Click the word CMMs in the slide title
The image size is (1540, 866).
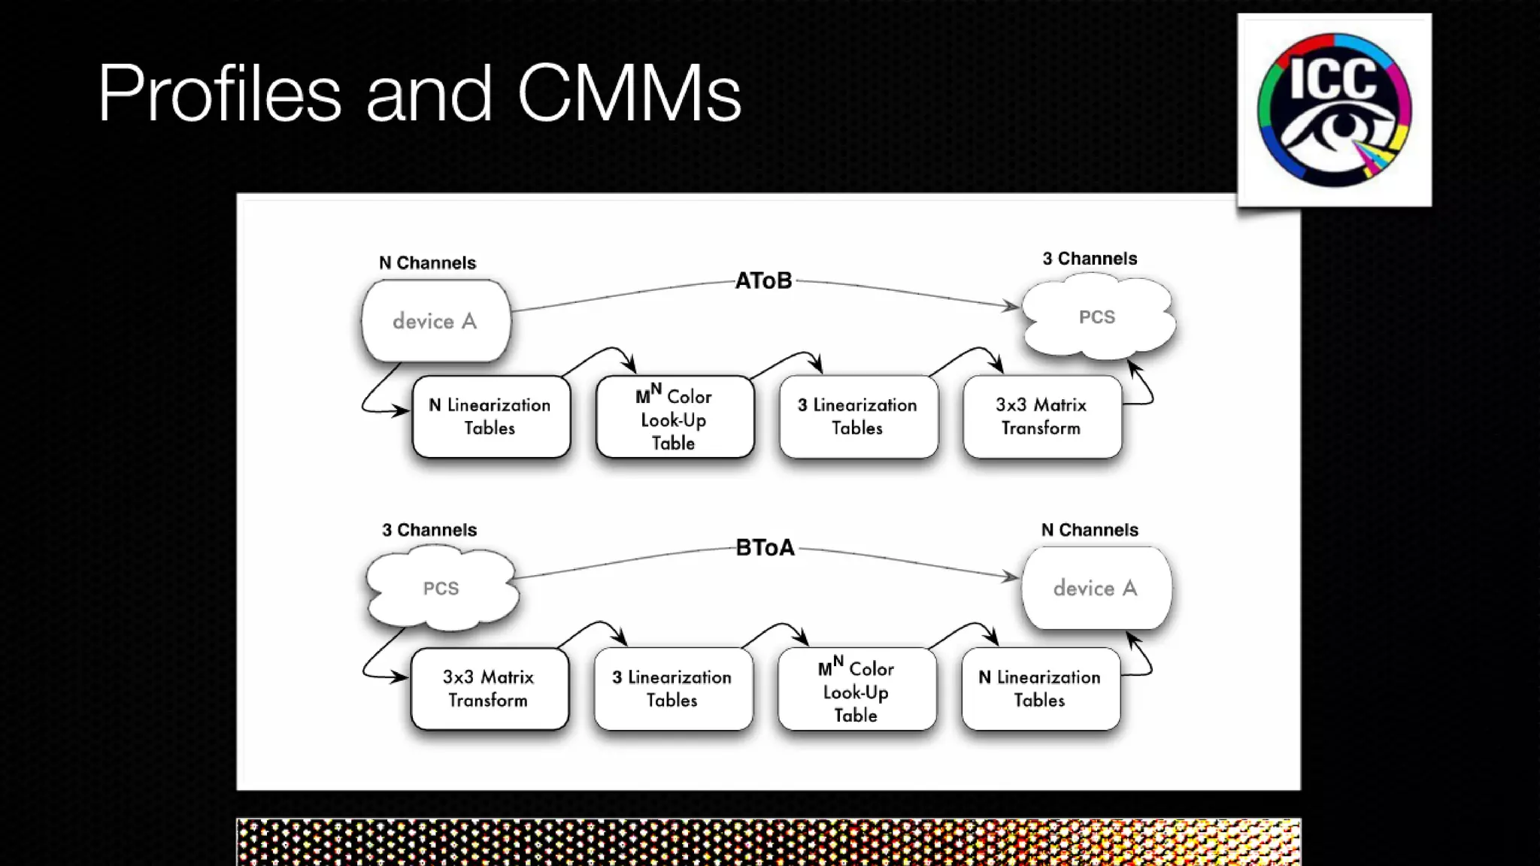pos(629,93)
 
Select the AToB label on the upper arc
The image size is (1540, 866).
pos(763,280)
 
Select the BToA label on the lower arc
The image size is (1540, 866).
pos(765,547)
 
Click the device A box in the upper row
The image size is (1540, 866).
pos(435,321)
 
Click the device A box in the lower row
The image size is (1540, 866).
pos(1096,588)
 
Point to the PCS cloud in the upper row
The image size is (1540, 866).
pos(1097,316)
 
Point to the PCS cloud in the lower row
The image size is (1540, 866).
pos(441,588)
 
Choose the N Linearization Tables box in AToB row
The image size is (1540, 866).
pos(490,416)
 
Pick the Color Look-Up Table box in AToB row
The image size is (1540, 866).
pos(675,417)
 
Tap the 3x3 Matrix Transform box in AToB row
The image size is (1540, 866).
pos(1041,416)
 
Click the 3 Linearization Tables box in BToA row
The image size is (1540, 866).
pos(672,689)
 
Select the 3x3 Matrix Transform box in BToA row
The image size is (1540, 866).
pos(489,689)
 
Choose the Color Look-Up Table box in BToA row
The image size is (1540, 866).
pos(856,689)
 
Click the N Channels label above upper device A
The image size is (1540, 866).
pos(427,263)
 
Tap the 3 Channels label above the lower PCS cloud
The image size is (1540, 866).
pos(429,530)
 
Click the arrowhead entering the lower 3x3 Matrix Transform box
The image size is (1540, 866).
pos(400,677)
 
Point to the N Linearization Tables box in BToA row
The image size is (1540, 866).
pos(1040,689)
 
